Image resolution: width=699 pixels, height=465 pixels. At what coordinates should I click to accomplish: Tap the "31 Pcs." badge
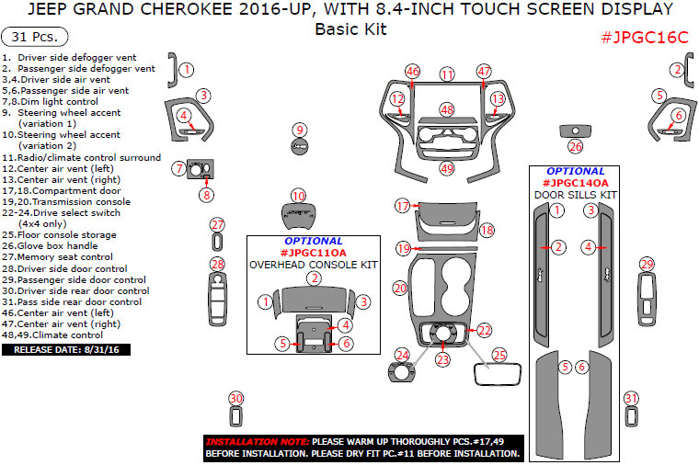[x=36, y=38]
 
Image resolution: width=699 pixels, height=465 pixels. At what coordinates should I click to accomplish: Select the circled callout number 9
[x=300, y=130]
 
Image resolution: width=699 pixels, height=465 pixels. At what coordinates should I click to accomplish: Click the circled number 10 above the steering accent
[x=298, y=196]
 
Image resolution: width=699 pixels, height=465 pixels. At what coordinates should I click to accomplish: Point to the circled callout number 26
[x=576, y=147]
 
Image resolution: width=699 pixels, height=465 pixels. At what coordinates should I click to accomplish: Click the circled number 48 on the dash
[x=447, y=110]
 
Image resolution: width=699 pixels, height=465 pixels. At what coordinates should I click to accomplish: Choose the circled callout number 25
[x=499, y=354]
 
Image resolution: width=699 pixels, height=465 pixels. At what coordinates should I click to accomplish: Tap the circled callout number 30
[x=236, y=398]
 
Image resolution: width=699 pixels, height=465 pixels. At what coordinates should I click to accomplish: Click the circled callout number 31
[x=631, y=398]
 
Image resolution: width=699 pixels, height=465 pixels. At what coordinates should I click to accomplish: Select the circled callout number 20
[x=399, y=289]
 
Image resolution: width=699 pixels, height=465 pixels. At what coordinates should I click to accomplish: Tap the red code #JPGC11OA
[x=314, y=253]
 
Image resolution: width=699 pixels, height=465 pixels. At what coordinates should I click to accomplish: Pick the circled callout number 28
[x=217, y=265]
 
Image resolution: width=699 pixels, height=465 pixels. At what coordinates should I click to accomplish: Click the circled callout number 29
[x=646, y=265]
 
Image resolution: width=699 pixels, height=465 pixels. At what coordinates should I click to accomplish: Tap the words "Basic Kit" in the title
[x=350, y=29]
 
